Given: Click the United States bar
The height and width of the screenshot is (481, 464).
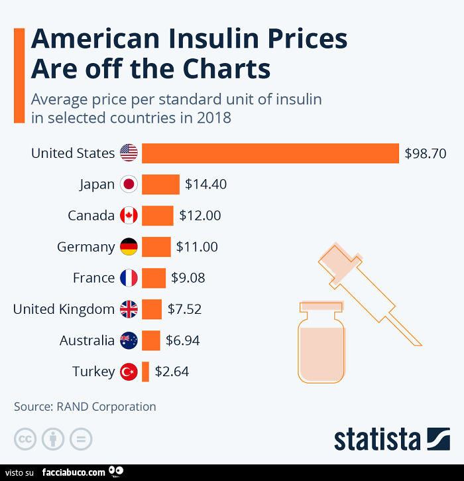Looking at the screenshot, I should point(270,153).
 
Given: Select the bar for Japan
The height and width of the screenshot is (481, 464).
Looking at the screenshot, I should point(160,184).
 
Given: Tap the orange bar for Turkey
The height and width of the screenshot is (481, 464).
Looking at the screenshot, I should point(145,372).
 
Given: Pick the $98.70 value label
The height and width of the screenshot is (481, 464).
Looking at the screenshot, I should point(425,153).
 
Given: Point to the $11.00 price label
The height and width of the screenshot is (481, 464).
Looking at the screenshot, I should point(197,247).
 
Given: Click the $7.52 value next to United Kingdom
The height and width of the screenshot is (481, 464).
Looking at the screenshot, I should point(184,309).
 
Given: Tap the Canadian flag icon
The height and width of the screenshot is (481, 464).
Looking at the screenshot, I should point(129,216).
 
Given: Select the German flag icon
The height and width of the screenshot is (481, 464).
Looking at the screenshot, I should point(129,247).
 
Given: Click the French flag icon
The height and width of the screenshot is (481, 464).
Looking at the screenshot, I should point(129,278).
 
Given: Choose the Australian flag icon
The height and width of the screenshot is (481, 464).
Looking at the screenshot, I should point(129,341).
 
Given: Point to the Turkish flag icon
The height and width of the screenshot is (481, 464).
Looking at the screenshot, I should point(129,372).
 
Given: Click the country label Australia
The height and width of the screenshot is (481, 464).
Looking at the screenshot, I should point(87,341).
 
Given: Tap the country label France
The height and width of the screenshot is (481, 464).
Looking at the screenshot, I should point(93,278).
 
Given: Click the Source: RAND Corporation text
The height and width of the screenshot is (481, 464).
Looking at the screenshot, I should point(85,407).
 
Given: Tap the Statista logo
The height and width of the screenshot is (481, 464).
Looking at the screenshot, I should point(392,439).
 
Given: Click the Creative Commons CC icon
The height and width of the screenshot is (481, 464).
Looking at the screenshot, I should point(25,439).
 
